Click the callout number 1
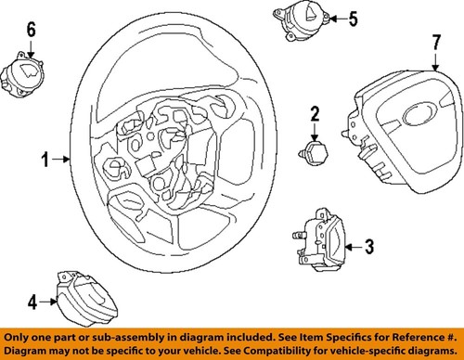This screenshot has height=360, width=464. tap(43, 160)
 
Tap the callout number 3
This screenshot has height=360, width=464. tap(368, 246)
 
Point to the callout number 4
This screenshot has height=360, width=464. tap(32, 301)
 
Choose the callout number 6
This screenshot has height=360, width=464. tap(31, 32)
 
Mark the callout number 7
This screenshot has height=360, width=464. tap(435, 43)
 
